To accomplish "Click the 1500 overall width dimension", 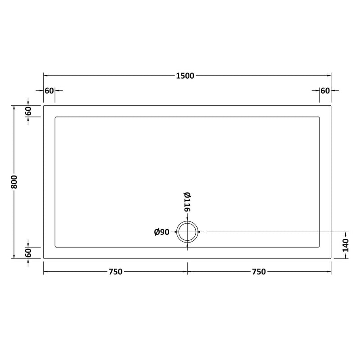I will pyautogui.click(x=185, y=76).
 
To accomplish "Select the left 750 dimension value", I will pyautogui.click(x=115, y=271).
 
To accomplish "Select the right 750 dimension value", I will pyautogui.click(x=259, y=271).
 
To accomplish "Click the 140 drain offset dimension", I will pyautogui.click(x=346, y=245).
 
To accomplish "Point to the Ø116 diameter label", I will pyautogui.click(x=187, y=202).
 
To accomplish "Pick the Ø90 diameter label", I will pyautogui.click(x=162, y=232).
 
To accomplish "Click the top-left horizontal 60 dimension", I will pyautogui.click(x=49, y=90).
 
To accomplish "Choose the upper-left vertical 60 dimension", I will pyautogui.click(x=28, y=111).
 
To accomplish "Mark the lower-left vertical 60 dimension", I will pyautogui.click(x=28, y=253).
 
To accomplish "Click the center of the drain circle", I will pyautogui.click(x=188, y=232).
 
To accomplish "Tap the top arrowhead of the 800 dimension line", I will pyautogui.click(x=14, y=108).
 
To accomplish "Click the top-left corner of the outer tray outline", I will pyautogui.click(x=44, y=105).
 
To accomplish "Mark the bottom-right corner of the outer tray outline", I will pyautogui.click(x=331, y=259).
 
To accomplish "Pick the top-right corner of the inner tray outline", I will pyautogui.click(x=320, y=117).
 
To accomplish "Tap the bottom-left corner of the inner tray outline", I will pyautogui.click(x=55, y=247).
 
